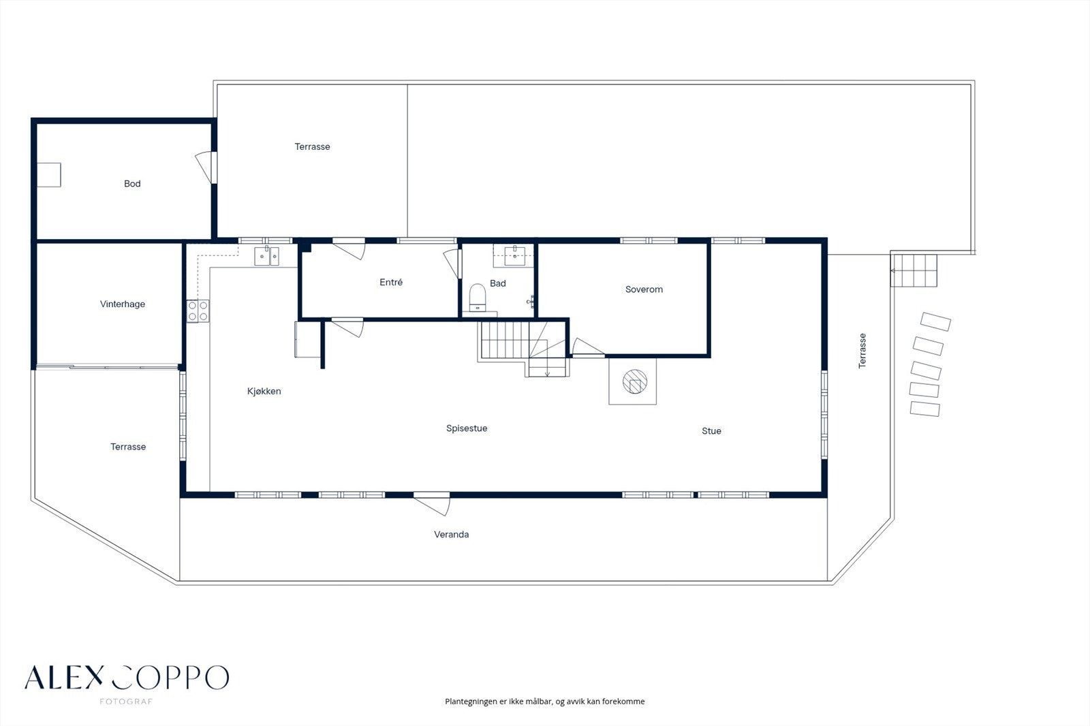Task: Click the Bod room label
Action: coord(132,183)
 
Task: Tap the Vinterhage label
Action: coord(123,304)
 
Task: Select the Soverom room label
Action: coord(644,289)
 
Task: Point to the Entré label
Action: coord(391,282)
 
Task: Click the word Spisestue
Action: coord(467,428)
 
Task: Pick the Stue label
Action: coord(711,430)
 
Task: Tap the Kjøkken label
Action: coord(264,391)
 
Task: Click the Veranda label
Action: coord(452,534)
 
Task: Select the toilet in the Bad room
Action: coord(478,298)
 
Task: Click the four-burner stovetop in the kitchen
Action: coord(198,311)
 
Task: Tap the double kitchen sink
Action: coord(266,256)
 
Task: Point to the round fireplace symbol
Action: coord(635,381)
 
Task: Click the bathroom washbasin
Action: coord(515,255)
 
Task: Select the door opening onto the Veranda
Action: coord(432,504)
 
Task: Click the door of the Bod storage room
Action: coord(206,168)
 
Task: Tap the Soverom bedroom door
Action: coord(588,347)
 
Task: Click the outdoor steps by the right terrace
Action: coord(914,270)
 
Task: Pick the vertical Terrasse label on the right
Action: coord(862,351)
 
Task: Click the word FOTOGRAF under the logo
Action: coord(126,701)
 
